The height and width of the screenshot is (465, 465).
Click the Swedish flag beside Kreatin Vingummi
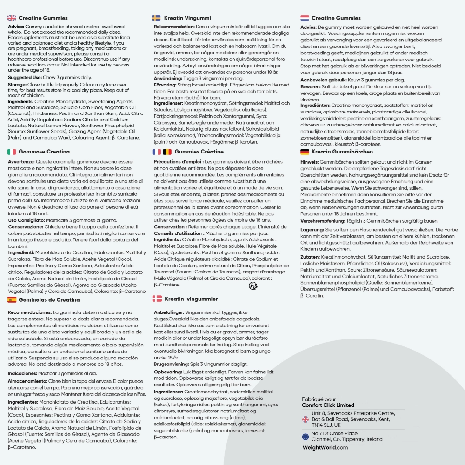pos(156,18)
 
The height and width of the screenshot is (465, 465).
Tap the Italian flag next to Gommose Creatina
pos(12,152)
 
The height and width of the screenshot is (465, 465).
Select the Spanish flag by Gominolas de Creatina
pos(12,299)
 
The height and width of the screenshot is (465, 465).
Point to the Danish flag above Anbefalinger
pos(158,299)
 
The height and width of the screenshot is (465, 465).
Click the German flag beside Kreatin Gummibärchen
pos(305,152)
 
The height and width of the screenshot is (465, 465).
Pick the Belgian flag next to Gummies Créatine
pos(167,152)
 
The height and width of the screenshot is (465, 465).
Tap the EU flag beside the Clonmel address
pos(306,437)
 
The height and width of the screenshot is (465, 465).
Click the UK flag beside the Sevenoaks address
pos(306,419)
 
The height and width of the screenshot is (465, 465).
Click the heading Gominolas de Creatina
pos(49,299)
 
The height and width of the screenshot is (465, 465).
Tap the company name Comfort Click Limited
pos(328,405)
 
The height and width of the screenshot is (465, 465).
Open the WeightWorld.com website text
pos(325,447)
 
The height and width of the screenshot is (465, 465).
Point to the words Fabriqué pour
pos(319,399)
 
